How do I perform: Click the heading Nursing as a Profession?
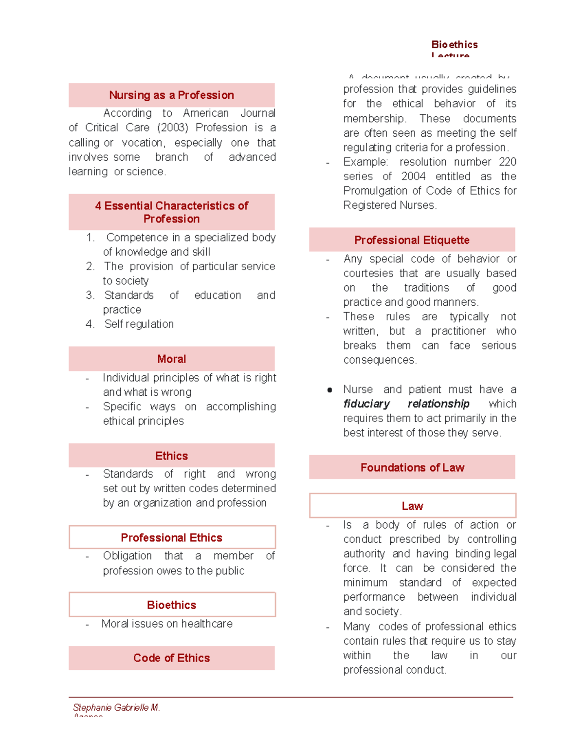(x=171, y=95)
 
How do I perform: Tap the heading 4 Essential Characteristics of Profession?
(x=171, y=212)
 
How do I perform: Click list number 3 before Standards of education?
(x=90, y=295)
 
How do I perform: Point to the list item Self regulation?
(x=139, y=324)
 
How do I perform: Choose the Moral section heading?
(x=171, y=359)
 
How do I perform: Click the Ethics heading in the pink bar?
(x=171, y=456)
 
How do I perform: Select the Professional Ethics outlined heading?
(x=171, y=538)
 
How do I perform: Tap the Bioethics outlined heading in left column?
(x=171, y=605)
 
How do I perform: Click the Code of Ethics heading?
(x=171, y=658)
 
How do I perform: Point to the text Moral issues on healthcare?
(x=167, y=624)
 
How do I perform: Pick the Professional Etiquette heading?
(x=412, y=240)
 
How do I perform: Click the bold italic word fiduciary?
(x=366, y=404)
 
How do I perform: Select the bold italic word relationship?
(x=438, y=404)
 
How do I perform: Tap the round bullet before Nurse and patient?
(x=329, y=390)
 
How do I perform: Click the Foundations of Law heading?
(x=412, y=468)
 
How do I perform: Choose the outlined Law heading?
(x=412, y=506)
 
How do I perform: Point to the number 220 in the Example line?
(x=507, y=162)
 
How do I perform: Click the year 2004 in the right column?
(x=413, y=177)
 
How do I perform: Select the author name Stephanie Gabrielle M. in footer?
(x=116, y=707)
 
